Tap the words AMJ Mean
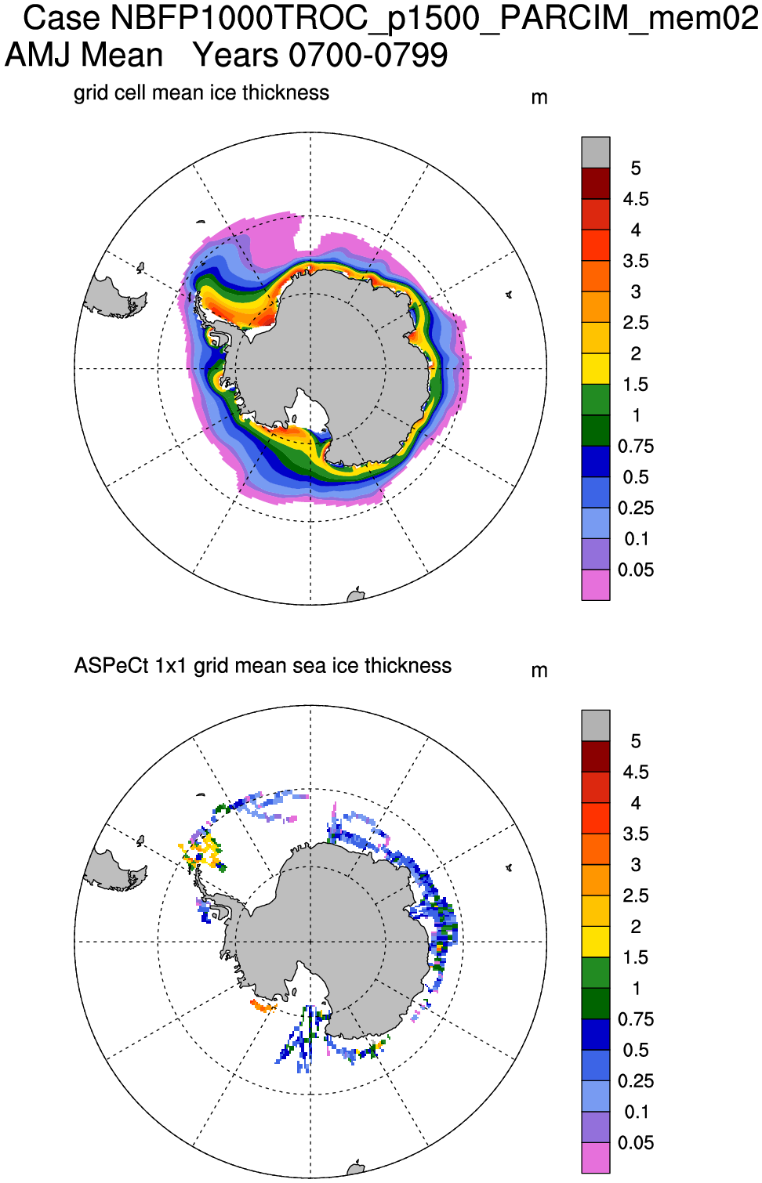pyautogui.click(x=84, y=56)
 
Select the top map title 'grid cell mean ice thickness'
pyautogui.click(x=201, y=92)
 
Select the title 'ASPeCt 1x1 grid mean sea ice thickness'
pyautogui.click(x=263, y=666)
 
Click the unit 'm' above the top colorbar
pyautogui.click(x=539, y=98)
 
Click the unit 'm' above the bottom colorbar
pyautogui.click(x=539, y=671)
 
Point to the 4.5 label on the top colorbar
pyautogui.click(x=636, y=199)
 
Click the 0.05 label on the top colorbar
pyautogui.click(x=636, y=570)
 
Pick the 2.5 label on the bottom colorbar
pyautogui.click(x=636, y=895)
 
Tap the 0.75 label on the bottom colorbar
pyautogui.click(x=636, y=1019)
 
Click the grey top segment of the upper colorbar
pyautogui.click(x=596, y=152)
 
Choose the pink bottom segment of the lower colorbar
pyautogui.click(x=596, y=1158)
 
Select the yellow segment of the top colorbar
pyautogui.click(x=596, y=368)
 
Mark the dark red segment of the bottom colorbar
pyautogui.click(x=596, y=756)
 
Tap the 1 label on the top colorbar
pyautogui.click(x=636, y=415)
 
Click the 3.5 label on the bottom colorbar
pyautogui.click(x=636, y=834)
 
